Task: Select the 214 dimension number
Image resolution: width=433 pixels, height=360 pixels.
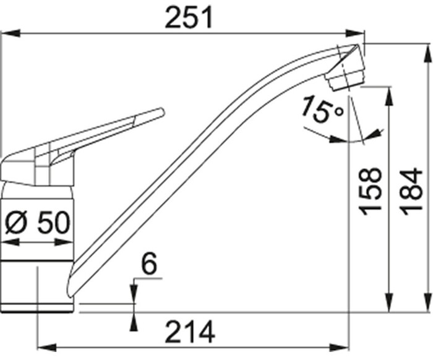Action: pyautogui.click(x=189, y=332)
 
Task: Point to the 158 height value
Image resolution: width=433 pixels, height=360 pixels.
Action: pyautogui.click(x=372, y=192)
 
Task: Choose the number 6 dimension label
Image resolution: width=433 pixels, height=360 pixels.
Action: pyautogui.click(x=148, y=265)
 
